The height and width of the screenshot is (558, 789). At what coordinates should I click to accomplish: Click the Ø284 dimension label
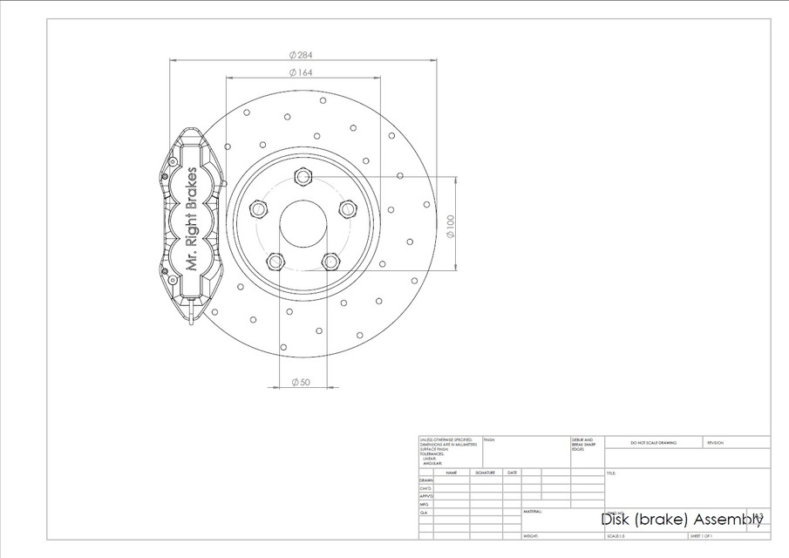coord(302,54)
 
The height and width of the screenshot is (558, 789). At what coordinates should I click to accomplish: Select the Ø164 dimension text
coord(302,72)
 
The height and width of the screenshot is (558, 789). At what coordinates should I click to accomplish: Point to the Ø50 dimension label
coord(301,382)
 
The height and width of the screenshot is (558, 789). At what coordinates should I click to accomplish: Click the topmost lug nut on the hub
coord(303,177)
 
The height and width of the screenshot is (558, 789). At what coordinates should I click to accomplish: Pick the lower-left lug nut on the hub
coord(275,261)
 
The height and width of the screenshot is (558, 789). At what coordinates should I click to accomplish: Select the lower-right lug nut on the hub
coord(330,261)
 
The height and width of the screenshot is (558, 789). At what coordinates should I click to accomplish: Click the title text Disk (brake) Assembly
coord(681,520)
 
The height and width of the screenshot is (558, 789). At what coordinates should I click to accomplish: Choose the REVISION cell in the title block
coord(716,443)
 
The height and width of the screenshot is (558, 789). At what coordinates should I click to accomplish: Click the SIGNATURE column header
coord(485,473)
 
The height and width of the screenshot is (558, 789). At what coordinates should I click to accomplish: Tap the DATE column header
coord(512,473)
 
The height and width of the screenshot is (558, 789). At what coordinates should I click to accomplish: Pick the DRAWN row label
coord(425,480)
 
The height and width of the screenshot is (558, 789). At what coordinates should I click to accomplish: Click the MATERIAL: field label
coord(533,512)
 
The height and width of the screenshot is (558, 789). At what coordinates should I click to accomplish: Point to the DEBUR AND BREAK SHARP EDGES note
coord(582,444)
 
